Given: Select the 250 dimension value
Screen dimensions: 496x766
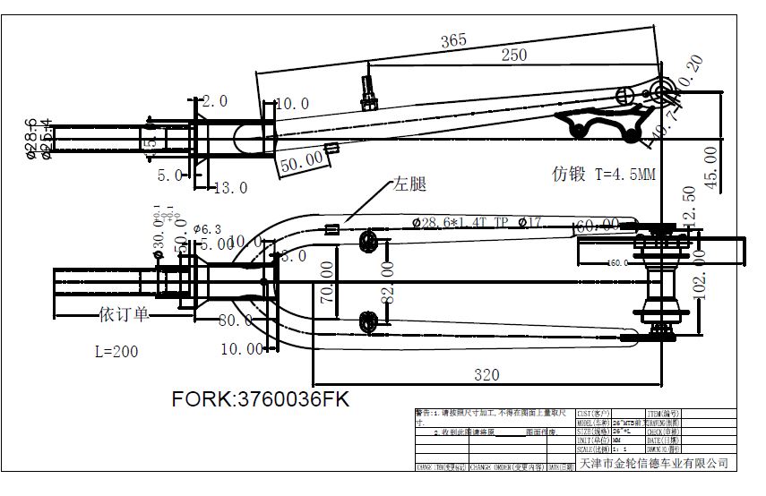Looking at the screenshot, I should pos(513,56).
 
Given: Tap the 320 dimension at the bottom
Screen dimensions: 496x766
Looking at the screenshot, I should pos(486,376).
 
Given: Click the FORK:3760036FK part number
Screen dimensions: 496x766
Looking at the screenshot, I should pos(261,400).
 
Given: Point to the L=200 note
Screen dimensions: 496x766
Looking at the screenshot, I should pos(116,352).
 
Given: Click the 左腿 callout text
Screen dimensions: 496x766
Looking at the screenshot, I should pos(408,185).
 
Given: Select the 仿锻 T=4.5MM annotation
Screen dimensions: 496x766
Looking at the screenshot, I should pos(603,174).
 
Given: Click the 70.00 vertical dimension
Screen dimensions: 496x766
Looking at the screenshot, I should pos(329,284).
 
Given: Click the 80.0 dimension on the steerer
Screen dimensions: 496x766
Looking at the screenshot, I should pos(236,320).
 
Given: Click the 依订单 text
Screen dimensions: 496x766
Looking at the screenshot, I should pos(123,314).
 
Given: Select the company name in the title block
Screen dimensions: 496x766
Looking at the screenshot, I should pos(655,464).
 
